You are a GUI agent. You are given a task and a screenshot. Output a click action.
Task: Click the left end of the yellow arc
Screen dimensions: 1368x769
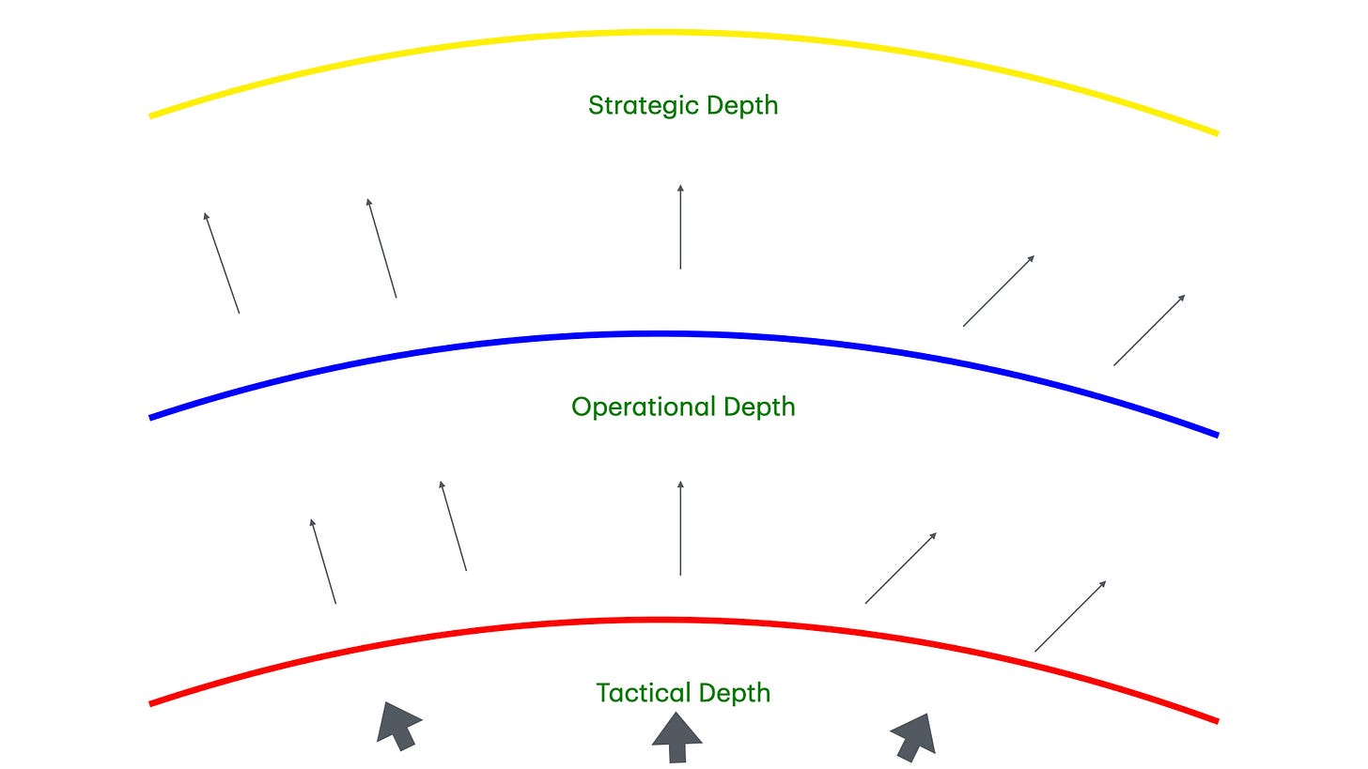tap(152, 115)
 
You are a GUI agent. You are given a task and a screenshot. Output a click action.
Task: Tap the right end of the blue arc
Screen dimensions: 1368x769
tap(1216, 434)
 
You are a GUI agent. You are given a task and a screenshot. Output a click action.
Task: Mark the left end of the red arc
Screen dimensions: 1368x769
tap(152, 702)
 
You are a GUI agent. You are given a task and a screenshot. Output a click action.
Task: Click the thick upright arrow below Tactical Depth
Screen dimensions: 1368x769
tap(676, 738)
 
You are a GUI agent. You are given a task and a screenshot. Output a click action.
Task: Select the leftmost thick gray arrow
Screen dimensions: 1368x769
tap(397, 726)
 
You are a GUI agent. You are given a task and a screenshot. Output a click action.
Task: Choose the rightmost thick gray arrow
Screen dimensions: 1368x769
tap(913, 736)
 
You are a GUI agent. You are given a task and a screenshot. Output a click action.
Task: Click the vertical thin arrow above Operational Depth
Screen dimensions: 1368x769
tap(680, 227)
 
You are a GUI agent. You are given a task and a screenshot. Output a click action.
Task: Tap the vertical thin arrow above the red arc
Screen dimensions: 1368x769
tap(680, 528)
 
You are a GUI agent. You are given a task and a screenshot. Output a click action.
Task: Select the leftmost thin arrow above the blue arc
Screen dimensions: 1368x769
tap(223, 263)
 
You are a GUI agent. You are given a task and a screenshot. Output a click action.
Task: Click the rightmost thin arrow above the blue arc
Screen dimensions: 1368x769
tap(1149, 330)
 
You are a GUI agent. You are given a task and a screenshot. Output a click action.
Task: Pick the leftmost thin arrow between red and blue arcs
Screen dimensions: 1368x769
tap(323, 561)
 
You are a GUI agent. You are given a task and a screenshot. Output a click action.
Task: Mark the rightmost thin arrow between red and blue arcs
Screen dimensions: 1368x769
tap(1070, 616)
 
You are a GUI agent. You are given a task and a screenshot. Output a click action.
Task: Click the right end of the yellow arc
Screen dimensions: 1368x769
tap(1216, 132)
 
